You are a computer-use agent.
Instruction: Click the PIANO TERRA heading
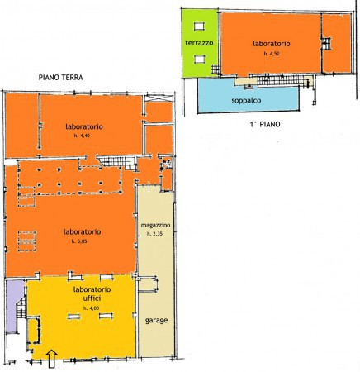(x=60, y=79)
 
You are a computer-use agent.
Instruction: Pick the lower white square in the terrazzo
(x=198, y=58)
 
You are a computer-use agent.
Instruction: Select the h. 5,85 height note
(x=79, y=241)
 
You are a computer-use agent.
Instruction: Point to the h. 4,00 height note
(x=90, y=308)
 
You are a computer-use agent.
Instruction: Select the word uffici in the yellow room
(x=90, y=298)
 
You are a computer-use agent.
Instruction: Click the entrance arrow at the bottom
(x=51, y=357)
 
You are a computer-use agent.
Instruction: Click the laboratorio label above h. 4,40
(x=83, y=126)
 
